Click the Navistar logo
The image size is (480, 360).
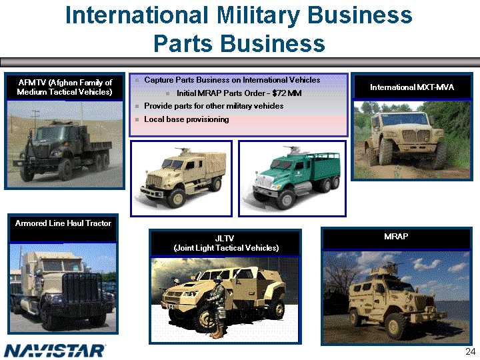55,351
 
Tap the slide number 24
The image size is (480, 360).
470,351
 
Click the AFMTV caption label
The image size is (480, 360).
65,87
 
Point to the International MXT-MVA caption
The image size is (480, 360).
412,87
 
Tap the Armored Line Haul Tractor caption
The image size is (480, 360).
63,223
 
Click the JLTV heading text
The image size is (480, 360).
226,243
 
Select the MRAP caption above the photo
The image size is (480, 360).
396,236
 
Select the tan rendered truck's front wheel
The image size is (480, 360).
177,199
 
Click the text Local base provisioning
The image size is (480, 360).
187,119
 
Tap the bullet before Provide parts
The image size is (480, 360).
137,106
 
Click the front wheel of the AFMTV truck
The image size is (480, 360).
27,173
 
